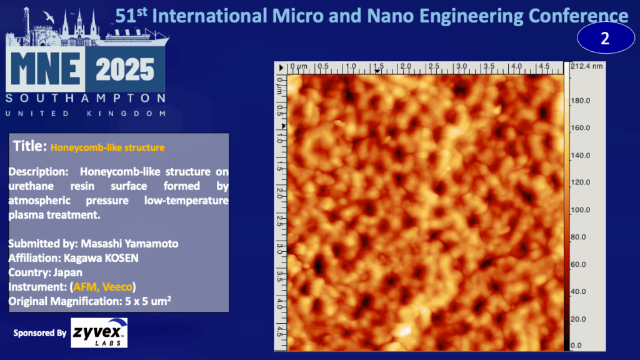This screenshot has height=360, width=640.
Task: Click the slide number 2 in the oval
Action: click(605, 38)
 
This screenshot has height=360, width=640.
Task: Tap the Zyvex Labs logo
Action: click(99, 332)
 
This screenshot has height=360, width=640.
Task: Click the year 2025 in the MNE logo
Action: click(125, 69)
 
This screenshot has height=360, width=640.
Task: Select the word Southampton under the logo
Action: click(86, 98)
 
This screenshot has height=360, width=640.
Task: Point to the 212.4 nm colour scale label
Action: click(586, 66)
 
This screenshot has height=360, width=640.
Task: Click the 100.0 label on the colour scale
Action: click(580, 210)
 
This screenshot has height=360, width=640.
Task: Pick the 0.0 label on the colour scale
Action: click(576, 345)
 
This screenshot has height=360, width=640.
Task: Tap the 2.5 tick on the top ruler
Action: click(434, 66)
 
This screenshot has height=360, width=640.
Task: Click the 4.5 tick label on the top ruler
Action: click(544, 66)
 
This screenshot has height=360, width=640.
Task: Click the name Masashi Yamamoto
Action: click(129, 244)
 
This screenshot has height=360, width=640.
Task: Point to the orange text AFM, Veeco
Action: click(102, 287)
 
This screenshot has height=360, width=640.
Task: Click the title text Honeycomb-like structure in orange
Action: click(107, 147)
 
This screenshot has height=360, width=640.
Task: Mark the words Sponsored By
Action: click(39, 333)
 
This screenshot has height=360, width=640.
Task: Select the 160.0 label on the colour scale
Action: click(580, 127)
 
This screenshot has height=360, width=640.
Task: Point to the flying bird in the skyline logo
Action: click(49, 17)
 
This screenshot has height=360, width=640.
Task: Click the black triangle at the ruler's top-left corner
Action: click(281, 67)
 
